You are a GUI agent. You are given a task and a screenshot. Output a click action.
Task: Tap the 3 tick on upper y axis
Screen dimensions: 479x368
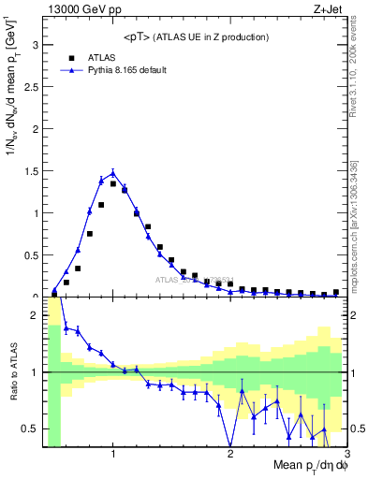(x=35, y=44)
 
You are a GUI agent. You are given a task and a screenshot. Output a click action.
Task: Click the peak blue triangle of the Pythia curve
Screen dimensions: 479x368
(x=113, y=172)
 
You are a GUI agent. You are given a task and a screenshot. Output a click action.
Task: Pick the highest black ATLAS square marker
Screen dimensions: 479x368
(x=113, y=183)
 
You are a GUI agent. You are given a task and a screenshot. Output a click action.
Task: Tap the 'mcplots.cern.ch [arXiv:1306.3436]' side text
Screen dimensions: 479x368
(x=359, y=220)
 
